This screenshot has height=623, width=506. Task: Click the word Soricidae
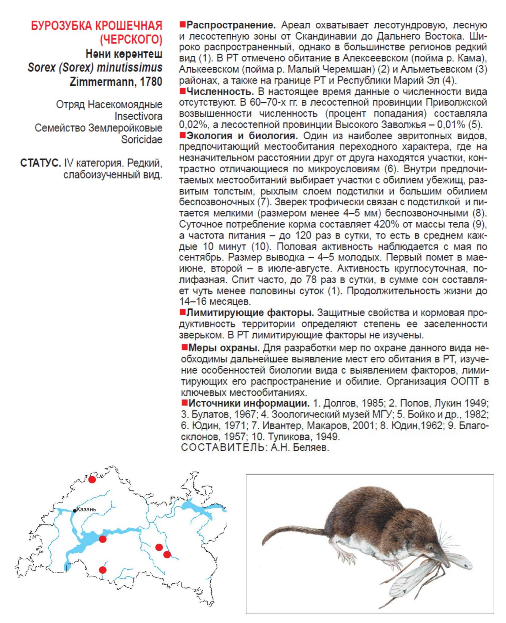(x=141, y=140)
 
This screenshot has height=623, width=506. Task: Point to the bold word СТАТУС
(x=40, y=163)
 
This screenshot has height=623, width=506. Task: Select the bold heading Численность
(x=220, y=92)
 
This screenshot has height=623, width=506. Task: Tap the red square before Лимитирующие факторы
(x=182, y=312)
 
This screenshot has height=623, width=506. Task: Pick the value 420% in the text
(x=386, y=224)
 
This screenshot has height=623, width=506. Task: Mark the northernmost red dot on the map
(x=92, y=479)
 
